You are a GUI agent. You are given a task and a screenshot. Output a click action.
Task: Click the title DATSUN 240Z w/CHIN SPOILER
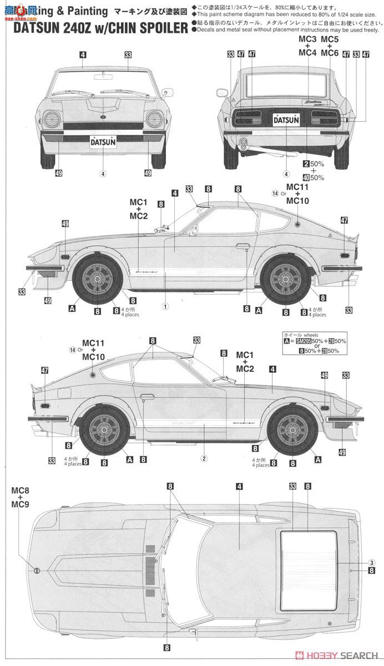tap(94, 28)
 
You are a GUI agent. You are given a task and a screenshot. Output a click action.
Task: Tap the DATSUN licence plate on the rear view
tap(287, 118)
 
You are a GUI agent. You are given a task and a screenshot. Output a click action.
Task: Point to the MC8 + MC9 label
tap(21, 497)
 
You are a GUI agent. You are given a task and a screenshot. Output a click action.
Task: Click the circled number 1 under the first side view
tap(165, 305)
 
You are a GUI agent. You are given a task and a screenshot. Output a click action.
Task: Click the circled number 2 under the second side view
tap(204, 458)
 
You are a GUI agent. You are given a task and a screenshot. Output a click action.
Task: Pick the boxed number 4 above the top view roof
tap(239, 487)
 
